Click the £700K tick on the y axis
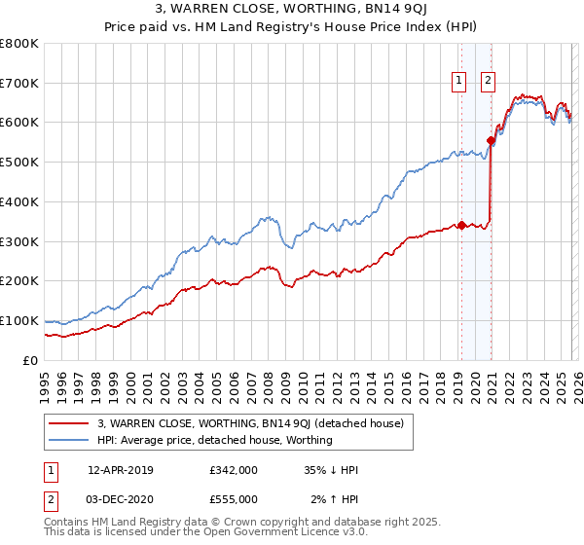19,84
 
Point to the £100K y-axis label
19,320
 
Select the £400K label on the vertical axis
19,202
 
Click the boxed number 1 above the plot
457,82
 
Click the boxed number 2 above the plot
487,82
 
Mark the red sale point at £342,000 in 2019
461,224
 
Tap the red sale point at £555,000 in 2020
492,140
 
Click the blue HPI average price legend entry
215,440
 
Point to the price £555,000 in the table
234,498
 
